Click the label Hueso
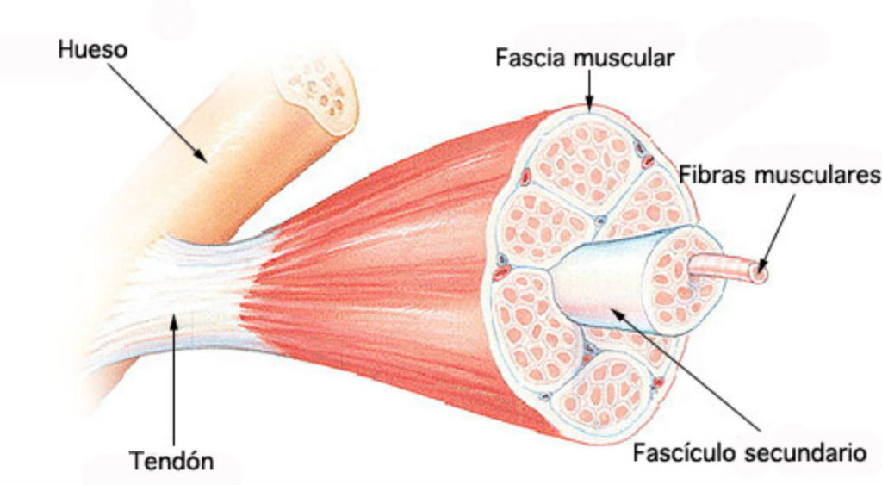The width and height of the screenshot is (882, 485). coord(92,49)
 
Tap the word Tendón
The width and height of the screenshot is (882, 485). coord(172,461)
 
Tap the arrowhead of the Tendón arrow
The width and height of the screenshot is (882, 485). coord(175,318)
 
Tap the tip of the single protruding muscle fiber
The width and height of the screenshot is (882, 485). coord(758,274)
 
